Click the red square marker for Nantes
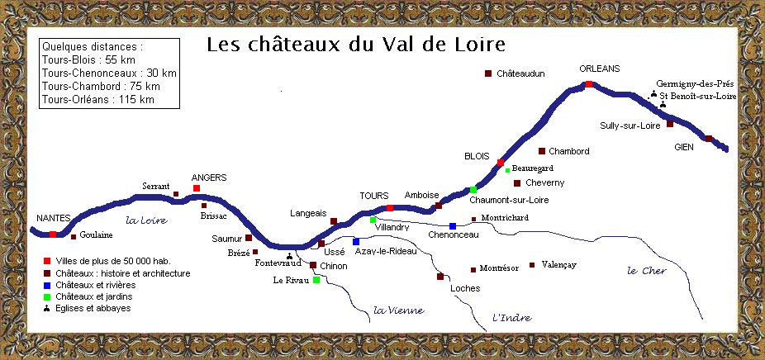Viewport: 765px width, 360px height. [x=53, y=234]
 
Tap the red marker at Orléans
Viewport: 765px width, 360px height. [x=588, y=84]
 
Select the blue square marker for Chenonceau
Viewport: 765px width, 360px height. [x=453, y=225]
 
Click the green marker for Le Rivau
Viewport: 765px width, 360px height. [x=316, y=281]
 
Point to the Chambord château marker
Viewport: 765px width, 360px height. [x=542, y=151]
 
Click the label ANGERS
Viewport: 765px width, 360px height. [x=208, y=178]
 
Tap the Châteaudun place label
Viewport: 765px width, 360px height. [x=521, y=74]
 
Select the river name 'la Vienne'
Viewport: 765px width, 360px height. [x=398, y=310]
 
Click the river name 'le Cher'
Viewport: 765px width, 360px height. [x=646, y=271]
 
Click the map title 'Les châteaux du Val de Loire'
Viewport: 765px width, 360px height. [x=355, y=44]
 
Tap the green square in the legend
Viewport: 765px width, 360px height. [x=46, y=296]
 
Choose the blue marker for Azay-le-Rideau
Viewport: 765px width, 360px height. [x=356, y=241]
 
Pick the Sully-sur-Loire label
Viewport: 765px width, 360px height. [x=631, y=126]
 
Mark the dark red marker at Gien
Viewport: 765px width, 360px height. [x=709, y=138]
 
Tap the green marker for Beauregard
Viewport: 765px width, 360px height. [x=507, y=171]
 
